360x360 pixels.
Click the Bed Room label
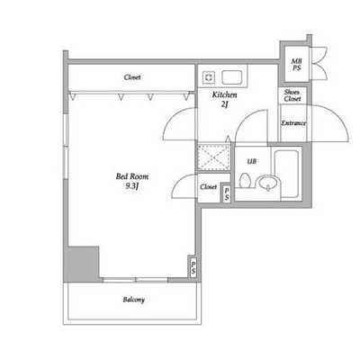[132, 176]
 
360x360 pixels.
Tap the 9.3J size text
[132, 186]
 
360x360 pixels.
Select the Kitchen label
[224, 95]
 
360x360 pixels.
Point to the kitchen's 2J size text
[225, 104]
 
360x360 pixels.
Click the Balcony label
[134, 300]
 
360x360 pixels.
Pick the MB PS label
[296, 65]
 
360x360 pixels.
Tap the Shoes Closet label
[292, 95]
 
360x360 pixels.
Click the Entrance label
[293, 123]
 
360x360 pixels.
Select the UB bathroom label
[252, 161]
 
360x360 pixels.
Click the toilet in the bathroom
[245, 181]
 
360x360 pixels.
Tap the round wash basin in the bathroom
[268, 184]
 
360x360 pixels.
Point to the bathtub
[286, 175]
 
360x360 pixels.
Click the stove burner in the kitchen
[208, 77]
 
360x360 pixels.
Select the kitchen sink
[232, 77]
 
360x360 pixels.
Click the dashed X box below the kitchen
[214, 157]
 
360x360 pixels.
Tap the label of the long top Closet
[132, 77]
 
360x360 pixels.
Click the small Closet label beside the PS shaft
[208, 187]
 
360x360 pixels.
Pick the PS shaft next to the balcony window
[193, 266]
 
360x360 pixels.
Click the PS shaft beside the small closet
[227, 193]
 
